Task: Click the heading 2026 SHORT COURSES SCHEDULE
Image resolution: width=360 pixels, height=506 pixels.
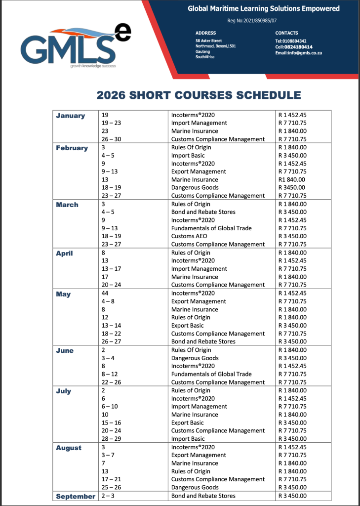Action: (x=199, y=95)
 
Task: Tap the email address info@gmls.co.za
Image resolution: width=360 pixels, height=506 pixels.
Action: (x=298, y=53)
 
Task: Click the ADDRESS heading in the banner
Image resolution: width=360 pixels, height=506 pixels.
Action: (x=205, y=33)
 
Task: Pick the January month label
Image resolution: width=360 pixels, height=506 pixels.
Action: (x=71, y=116)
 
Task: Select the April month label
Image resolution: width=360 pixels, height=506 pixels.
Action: (x=64, y=253)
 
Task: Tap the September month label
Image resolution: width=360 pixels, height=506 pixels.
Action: (x=76, y=496)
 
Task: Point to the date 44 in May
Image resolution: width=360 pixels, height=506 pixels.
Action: (x=104, y=293)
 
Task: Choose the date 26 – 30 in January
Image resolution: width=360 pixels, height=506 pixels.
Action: (x=111, y=139)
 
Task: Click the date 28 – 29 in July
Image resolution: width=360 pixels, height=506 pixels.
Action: (x=111, y=439)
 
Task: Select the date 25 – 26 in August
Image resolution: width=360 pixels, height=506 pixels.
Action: (x=111, y=487)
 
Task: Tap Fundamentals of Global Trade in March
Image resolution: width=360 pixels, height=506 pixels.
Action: (x=211, y=228)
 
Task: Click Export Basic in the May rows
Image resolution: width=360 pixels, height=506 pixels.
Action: (x=187, y=326)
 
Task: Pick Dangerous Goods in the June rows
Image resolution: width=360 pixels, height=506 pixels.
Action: (x=195, y=358)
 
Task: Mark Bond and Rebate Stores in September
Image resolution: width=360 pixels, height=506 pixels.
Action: (x=203, y=496)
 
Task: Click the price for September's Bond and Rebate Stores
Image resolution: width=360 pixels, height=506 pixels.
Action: (x=292, y=496)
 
